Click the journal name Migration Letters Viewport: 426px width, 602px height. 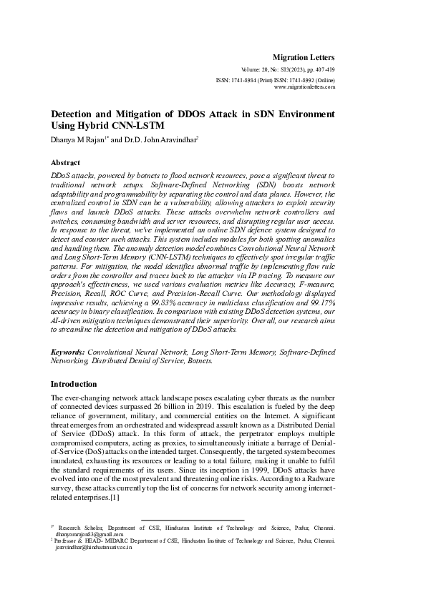pos(304,56)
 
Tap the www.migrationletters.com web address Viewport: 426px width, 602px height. pos(305,87)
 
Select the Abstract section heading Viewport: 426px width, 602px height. pos(66,162)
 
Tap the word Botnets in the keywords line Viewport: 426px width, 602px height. pos(198,362)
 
